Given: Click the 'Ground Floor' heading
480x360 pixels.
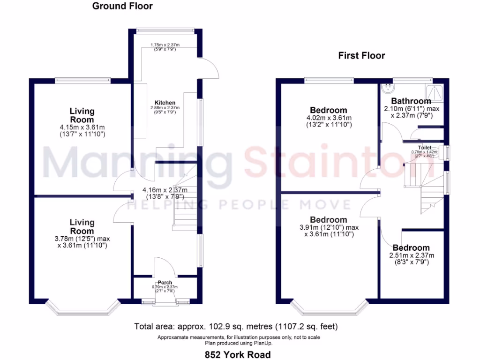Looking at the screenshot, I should click(122, 6).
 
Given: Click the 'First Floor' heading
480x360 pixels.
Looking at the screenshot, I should click(361, 56).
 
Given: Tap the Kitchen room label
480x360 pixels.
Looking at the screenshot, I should click(165, 103).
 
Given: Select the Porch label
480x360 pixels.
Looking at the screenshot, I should click(165, 283).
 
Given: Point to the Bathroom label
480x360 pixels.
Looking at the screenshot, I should click(411, 101).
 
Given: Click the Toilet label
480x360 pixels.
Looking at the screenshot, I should click(425, 148).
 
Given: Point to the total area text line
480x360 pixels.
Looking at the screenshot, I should click(236, 326).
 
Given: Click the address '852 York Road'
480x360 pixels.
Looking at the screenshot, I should click(240, 354).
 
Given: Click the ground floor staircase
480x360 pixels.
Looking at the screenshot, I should click(185, 206).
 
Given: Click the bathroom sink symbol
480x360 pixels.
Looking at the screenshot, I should click(388, 88).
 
